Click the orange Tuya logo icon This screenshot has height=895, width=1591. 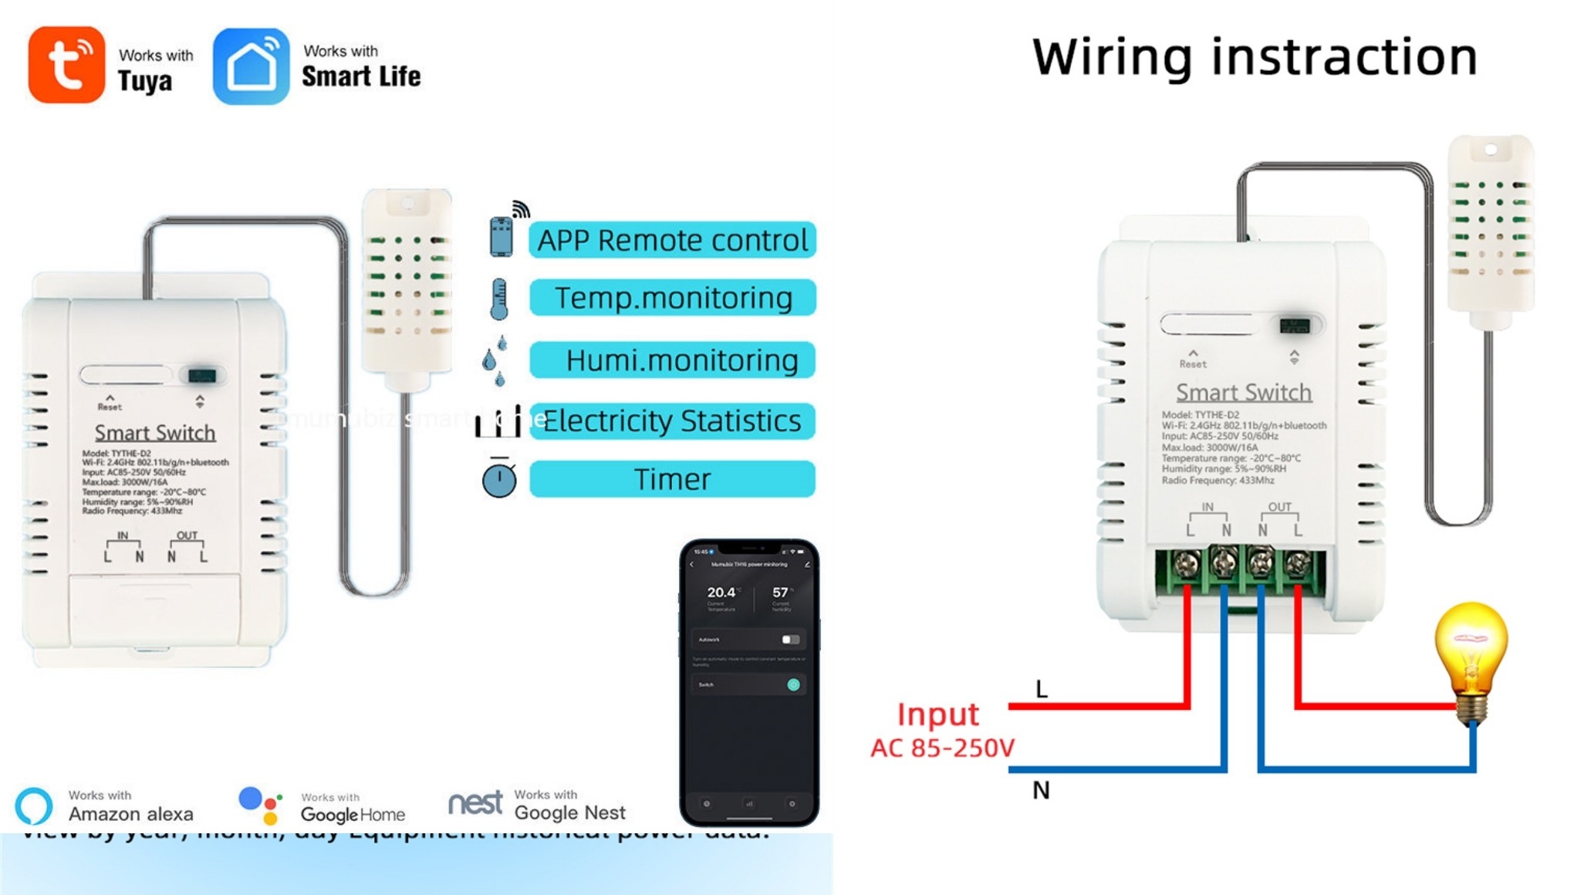coord(66,65)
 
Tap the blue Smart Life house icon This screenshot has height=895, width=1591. coord(251,66)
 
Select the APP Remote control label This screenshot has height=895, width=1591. coord(672,240)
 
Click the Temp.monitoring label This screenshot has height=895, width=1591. coord(672,298)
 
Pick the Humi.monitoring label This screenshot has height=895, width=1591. coord(672,360)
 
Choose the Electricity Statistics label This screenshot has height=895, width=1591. coord(672,421)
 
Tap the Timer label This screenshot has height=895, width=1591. coord(672,479)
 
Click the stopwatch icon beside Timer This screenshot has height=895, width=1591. coord(499,478)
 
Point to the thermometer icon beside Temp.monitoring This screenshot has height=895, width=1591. coord(499,299)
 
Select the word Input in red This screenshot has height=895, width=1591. coord(937,714)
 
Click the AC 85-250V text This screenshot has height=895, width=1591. coord(942,748)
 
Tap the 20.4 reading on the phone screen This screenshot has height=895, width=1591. coord(721,593)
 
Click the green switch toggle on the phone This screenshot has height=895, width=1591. coord(793,684)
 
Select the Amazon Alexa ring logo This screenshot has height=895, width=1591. coord(34,805)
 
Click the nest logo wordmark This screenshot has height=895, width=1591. coord(475,803)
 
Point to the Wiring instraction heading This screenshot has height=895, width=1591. coord(1255,57)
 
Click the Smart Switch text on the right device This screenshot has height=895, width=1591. coord(1243,392)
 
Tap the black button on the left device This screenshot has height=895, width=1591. coord(202,376)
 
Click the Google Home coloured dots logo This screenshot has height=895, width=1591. coord(260,805)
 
